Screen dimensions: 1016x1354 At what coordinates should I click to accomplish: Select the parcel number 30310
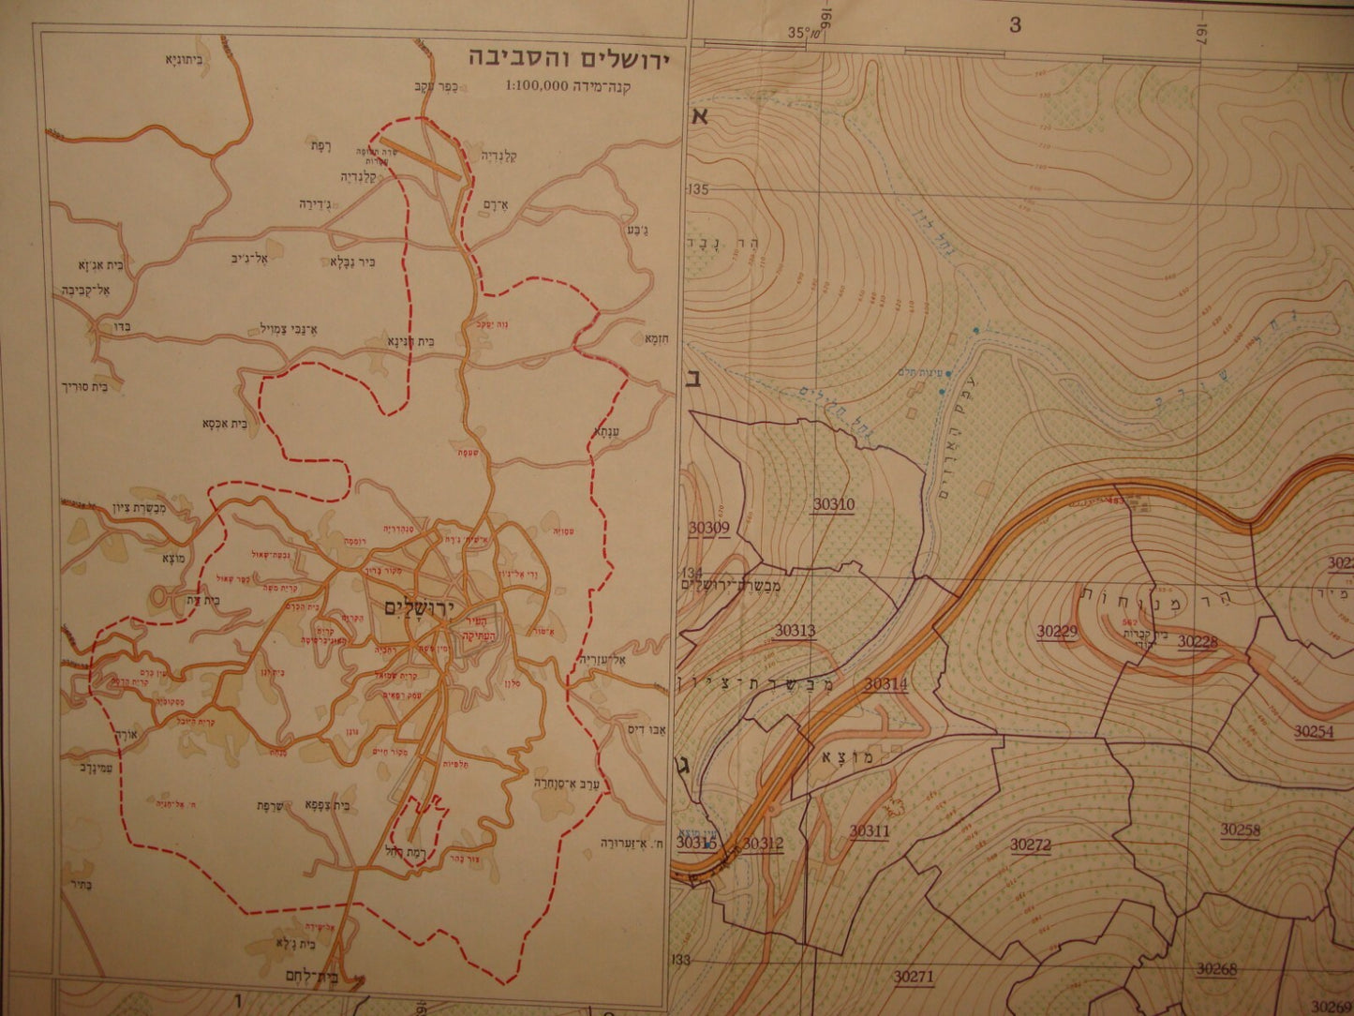click(833, 505)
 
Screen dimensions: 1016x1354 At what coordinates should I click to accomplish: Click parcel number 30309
click(708, 528)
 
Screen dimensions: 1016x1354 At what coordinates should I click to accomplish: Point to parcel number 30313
click(795, 631)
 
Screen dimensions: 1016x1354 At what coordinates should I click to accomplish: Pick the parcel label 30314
click(885, 684)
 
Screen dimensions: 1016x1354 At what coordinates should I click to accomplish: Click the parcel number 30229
click(1057, 632)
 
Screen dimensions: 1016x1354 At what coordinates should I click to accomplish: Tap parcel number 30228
click(1197, 642)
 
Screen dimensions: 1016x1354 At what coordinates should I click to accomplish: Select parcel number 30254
click(1314, 731)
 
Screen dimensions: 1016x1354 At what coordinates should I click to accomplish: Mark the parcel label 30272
click(1030, 844)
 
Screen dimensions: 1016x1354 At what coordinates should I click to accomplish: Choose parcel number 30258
click(1240, 829)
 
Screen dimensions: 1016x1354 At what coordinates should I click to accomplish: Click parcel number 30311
click(870, 830)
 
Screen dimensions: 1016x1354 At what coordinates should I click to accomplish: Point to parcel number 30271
click(913, 977)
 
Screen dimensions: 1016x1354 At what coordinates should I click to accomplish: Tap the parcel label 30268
click(1216, 969)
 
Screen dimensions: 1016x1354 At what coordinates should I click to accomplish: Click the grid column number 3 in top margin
click(1015, 25)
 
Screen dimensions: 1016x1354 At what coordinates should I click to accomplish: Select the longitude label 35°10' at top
click(804, 33)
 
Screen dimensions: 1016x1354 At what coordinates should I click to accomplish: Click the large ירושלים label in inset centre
click(419, 608)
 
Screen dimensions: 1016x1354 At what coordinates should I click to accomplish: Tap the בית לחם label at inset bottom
click(308, 976)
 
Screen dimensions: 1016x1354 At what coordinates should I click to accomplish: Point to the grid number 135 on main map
click(698, 190)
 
